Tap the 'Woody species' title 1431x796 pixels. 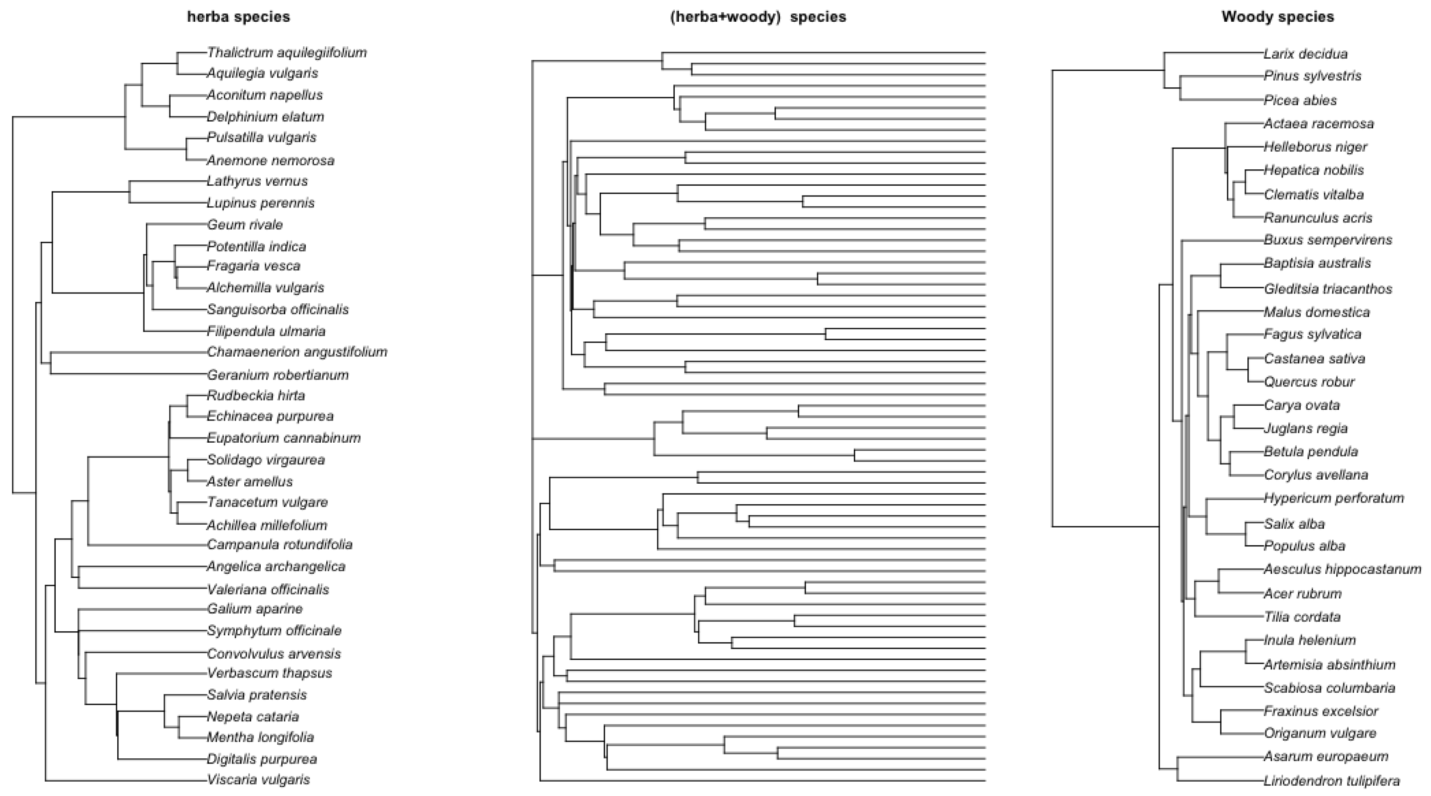pyautogui.click(x=1277, y=17)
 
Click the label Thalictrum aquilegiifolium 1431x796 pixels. pyautogui.click(x=287, y=53)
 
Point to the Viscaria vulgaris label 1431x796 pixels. pyautogui.click(x=258, y=779)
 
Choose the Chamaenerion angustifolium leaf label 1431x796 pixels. pyautogui.click(x=297, y=352)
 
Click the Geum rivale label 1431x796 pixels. pyautogui.click(x=245, y=225)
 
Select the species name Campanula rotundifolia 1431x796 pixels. pyautogui.click(x=280, y=544)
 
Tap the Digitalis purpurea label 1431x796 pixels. pyautogui.click(x=262, y=759)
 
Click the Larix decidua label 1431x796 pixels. pyautogui.click(x=1306, y=54)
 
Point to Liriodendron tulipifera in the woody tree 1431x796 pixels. pyautogui.click(x=1331, y=781)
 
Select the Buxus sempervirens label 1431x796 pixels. pyautogui.click(x=1328, y=240)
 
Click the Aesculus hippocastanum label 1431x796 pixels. pyautogui.click(x=1342, y=569)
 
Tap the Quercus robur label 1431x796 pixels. pyautogui.click(x=1309, y=382)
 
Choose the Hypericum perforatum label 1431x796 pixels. pyautogui.click(x=1334, y=498)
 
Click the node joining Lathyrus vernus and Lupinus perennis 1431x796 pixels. pyautogui.click(x=130, y=192)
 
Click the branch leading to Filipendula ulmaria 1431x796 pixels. pyautogui.click(x=175, y=332)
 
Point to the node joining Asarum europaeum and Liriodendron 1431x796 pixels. pyautogui.click(x=1177, y=769)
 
